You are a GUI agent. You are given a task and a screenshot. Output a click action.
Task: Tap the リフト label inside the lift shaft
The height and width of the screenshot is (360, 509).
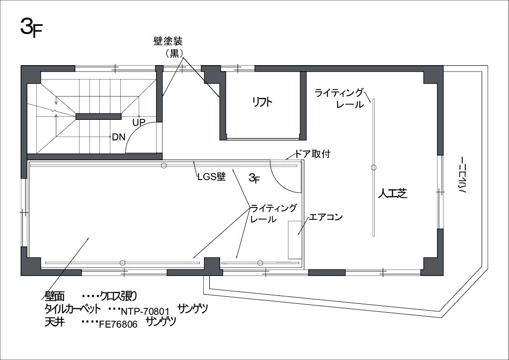point(262,102)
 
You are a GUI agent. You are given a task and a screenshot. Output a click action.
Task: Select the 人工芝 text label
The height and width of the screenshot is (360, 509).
point(393,193)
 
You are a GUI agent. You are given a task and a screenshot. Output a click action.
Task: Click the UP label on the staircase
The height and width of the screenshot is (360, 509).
point(139,122)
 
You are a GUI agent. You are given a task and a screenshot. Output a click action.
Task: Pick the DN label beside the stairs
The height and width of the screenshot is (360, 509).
point(119,137)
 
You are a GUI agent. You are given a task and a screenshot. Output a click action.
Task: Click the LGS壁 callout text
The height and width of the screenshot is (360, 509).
point(211,177)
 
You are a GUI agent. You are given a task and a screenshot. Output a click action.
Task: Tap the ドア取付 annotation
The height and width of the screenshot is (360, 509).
point(312,154)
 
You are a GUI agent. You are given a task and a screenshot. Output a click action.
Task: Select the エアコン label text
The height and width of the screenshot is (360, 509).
point(326,217)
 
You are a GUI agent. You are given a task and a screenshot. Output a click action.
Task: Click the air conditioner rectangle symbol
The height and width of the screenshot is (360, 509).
point(295,240)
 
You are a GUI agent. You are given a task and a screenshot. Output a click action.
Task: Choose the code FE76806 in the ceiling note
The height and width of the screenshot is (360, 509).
point(118,324)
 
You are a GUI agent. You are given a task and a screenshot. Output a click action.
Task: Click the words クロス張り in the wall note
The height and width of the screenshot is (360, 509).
point(118,296)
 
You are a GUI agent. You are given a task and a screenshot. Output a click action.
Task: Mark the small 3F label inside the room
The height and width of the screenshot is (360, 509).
point(254,178)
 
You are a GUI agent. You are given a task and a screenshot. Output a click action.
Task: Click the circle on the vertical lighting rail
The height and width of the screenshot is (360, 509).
point(374,168)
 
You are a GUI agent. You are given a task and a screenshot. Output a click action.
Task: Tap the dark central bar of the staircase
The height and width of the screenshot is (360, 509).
point(99,116)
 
